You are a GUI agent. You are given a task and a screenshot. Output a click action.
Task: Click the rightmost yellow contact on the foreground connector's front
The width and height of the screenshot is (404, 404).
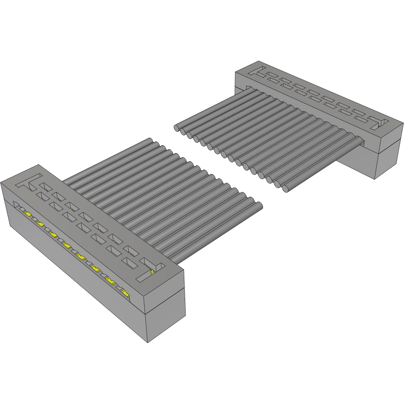pos(125,293)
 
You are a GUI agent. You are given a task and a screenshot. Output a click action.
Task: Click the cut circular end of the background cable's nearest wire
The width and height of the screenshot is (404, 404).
pos(285,188)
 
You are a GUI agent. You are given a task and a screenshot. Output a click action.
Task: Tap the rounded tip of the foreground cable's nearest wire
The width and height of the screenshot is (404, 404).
pos(259,206)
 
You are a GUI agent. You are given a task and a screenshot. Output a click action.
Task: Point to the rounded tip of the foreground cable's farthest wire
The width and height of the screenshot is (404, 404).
pos(151,141)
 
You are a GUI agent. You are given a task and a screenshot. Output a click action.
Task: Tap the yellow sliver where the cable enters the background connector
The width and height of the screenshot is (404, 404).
pos(362,143)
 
